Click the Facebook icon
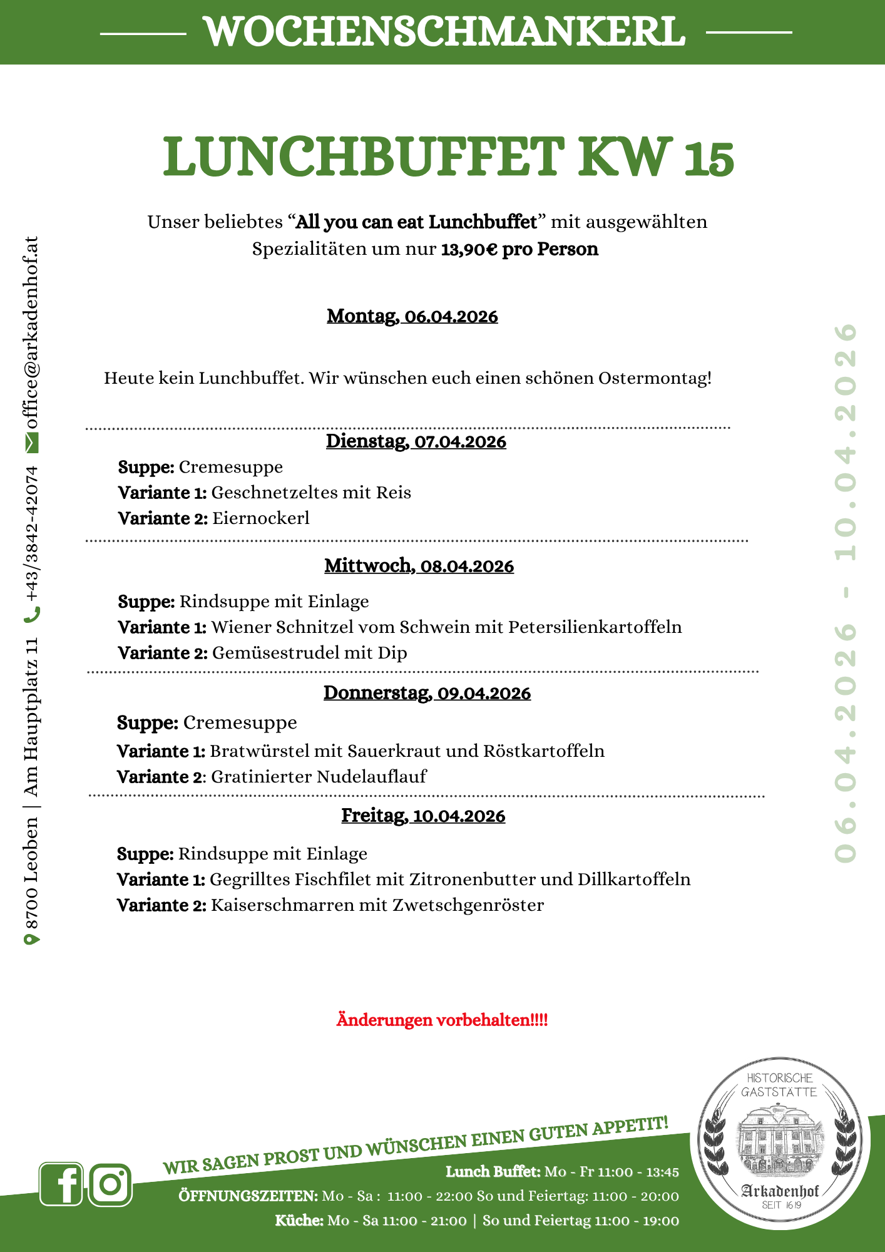tap(61, 1184)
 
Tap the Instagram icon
tap(110, 1184)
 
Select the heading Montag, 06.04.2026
tap(412, 316)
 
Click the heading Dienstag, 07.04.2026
tap(416, 441)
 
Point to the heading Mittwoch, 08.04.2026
tap(419, 566)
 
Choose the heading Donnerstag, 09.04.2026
tap(427, 693)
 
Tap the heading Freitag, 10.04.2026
tap(423, 816)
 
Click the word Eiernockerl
tap(261, 518)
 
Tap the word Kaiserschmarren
tap(282, 905)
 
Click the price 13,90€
tap(469, 249)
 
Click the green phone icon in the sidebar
tap(32, 615)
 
